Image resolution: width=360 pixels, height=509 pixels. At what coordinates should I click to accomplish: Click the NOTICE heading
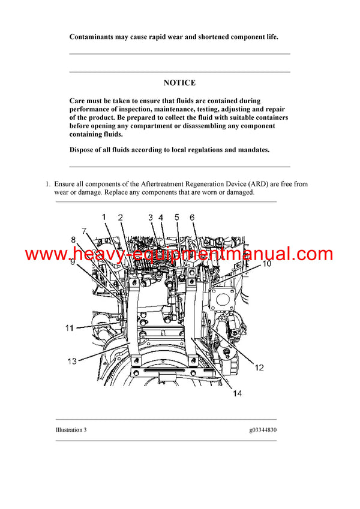(179, 83)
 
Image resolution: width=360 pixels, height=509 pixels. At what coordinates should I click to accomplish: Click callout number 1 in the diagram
(103, 216)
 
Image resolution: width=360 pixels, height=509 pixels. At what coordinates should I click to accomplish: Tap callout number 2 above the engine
(121, 218)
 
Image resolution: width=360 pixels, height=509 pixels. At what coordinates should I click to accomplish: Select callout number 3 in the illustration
(151, 218)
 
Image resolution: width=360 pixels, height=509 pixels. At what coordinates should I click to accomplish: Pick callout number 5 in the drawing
(177, 218)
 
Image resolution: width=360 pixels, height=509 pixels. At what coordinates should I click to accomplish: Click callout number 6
(193, 218)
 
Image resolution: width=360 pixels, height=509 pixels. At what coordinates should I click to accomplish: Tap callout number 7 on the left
(85, 230)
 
